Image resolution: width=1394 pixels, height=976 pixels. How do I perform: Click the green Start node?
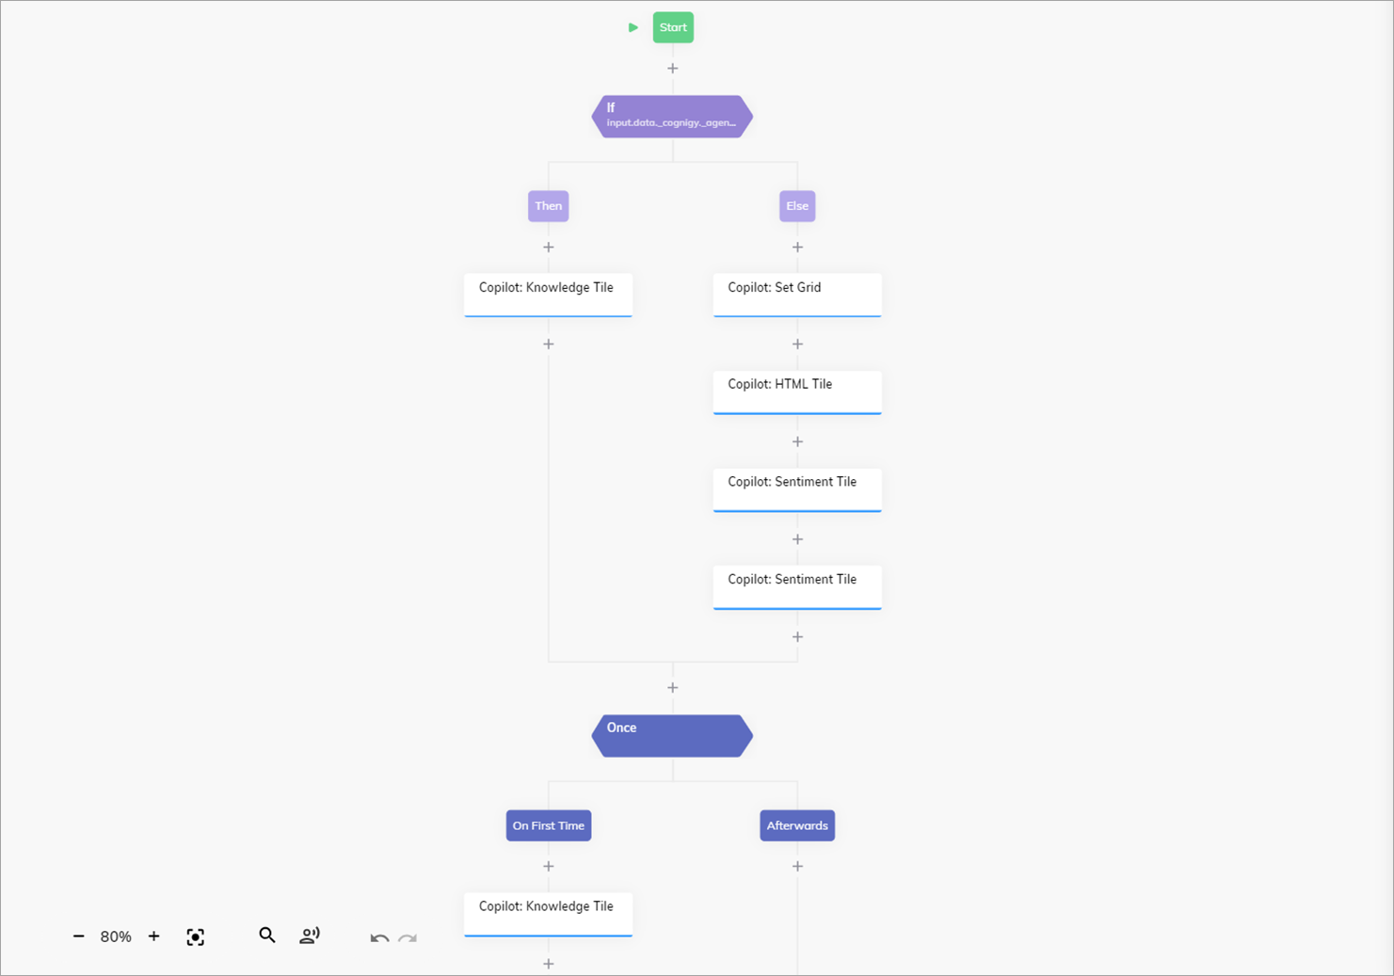tap(673, 27)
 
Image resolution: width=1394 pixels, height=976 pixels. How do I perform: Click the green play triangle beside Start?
tap(633, 27)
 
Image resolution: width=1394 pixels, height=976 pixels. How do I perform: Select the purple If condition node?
tap(672, 116)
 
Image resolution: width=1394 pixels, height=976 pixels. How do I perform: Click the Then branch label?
tap(548, 206)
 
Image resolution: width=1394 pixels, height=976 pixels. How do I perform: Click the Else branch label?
tap(797, 206)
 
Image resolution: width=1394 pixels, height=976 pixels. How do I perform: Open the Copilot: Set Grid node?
tap(797, 295)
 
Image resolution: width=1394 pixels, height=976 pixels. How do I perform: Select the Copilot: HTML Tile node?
tap(797, 392)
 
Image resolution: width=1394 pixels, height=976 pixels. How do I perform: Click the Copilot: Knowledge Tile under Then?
tap(548, 295)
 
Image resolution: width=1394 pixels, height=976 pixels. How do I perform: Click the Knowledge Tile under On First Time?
tap(548, 913)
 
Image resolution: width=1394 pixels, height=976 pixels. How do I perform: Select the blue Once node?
tap(672, 735)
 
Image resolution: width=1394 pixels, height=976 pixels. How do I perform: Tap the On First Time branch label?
tap(548, 825)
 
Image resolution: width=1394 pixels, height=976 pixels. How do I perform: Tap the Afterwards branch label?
tap(797, 825)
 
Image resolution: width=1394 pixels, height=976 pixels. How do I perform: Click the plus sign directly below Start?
tap(672, 68)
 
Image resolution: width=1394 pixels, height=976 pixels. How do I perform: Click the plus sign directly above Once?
tap(672, 688)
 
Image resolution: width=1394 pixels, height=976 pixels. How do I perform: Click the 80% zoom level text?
tap(116, 936)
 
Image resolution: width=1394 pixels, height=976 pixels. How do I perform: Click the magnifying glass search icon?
tap(267, 936)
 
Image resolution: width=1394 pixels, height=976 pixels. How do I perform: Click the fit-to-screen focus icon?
tap(195, 936)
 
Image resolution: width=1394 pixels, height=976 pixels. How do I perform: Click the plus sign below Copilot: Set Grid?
tap(797, 344)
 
